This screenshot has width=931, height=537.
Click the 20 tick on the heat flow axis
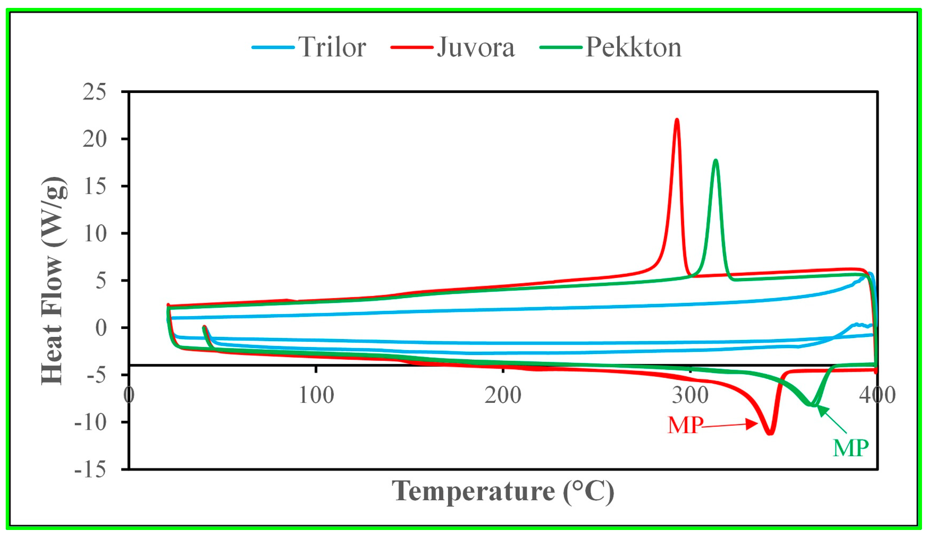point(94,139)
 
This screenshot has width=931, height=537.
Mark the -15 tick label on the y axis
point(90,469)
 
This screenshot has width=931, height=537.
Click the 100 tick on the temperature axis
point(316,395)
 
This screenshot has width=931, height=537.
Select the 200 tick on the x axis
point(503,395)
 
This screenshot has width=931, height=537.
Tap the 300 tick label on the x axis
point(690,395)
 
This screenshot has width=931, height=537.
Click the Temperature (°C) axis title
point(503,491)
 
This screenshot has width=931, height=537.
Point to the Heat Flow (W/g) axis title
point(54,280)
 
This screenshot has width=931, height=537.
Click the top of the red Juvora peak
point(677,120)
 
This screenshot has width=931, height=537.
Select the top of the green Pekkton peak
point(716,160)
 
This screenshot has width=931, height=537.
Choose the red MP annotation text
point(685,425)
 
